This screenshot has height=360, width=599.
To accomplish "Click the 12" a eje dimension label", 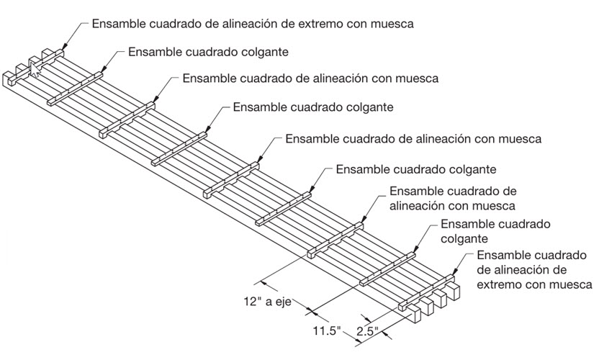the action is (267, 302).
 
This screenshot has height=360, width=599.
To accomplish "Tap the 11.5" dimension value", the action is (327, 330).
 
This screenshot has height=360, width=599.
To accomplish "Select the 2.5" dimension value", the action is (366, 331).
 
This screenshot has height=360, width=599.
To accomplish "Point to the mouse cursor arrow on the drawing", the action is (35, 70).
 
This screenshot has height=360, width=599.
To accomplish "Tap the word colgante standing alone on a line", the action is (464, 239).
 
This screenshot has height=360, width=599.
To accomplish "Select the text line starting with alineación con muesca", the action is (452, 206).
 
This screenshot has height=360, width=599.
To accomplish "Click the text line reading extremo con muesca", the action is (534, 284).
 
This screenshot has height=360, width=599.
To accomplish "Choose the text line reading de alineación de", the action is (521, 270).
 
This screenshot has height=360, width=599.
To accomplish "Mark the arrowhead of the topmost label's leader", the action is (63, 46).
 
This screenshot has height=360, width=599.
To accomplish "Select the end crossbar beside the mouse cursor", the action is (36, 67).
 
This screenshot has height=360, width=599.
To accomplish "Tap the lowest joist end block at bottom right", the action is (413, 314).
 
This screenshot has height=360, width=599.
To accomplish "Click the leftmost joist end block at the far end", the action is (9, 78).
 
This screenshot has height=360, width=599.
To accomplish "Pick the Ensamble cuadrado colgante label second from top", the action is (208, 52).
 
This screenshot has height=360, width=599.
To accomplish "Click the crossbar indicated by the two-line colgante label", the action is (387, 269).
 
